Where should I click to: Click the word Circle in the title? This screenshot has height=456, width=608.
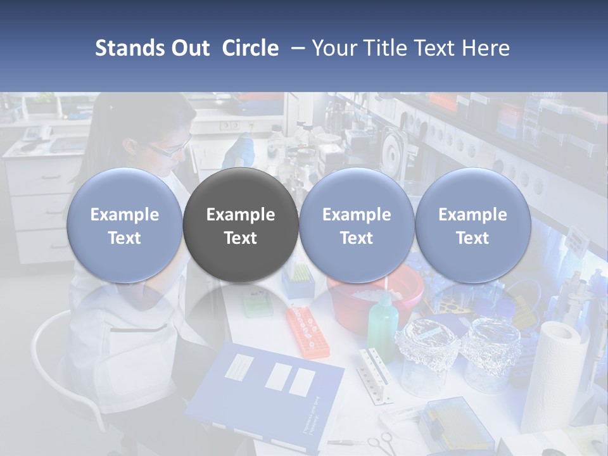tap(250, 48)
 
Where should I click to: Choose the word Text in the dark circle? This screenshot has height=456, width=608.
tap(241, 238)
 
